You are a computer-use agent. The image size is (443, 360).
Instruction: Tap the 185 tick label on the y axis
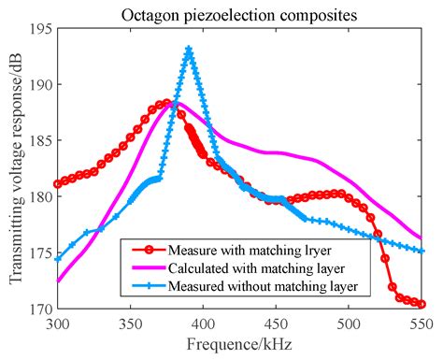tap(42, 140)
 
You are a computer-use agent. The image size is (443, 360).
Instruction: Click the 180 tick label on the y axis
tap(42, 196)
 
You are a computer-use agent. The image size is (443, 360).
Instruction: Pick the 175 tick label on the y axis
tap(42, 252)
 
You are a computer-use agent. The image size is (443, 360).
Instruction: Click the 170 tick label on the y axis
tap(42, 308)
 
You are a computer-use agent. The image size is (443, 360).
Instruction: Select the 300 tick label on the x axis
tap(58, 323)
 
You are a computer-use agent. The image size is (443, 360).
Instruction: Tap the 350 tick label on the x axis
tap(131, 323)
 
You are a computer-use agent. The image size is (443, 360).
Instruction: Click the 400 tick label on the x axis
tap(203, 323)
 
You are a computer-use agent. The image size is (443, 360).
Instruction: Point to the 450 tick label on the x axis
tap(276, 323)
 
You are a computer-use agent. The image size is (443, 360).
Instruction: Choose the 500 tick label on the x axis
tap(349, 323)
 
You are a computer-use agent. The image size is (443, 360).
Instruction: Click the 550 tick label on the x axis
tap(421, 323)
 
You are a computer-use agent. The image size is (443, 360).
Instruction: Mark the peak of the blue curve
tap(189, 50)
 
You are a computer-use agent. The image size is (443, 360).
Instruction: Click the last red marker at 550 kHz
tap(422, 304)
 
